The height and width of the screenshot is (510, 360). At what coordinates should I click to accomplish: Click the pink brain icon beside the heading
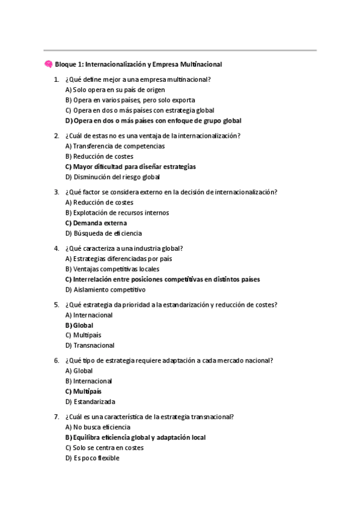[x=48, y=64]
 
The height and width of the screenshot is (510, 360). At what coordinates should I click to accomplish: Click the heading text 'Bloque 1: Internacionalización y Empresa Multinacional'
[x=138, y=64]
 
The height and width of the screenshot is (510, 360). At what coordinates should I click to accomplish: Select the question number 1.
[x=56, y=80]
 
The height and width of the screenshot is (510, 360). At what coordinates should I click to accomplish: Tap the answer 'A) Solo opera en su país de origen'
[x=106, y=90]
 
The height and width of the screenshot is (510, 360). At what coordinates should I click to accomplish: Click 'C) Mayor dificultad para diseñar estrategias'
[x=130, y=167]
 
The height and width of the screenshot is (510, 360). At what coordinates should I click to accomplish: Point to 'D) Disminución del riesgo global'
[x=112, y=177]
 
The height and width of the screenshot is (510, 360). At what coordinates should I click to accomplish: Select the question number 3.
[x=56, y=192]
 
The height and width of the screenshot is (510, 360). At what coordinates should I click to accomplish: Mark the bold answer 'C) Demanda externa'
[x=96, y=223]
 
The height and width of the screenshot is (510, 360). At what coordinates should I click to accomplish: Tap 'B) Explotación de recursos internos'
[x=117, y=213]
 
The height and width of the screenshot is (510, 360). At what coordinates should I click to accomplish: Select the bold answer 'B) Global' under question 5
[x=79, y=325]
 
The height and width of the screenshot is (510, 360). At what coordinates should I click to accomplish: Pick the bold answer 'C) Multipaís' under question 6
[x=83, y=392]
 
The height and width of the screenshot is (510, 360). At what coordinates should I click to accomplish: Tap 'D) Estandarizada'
[x=90, y=402]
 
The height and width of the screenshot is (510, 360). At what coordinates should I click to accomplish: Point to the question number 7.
[x=56, y=417]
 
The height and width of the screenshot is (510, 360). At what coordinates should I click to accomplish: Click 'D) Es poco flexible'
[x=92, y=458]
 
